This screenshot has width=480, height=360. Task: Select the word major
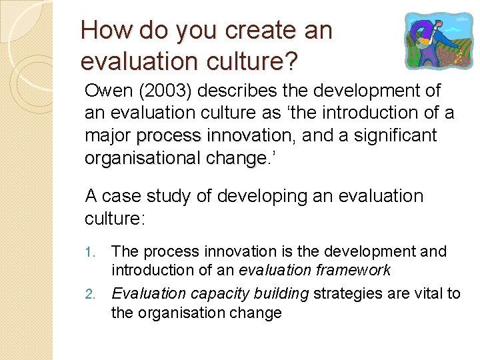(108, 136)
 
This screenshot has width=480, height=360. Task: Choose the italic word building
(274, 293)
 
